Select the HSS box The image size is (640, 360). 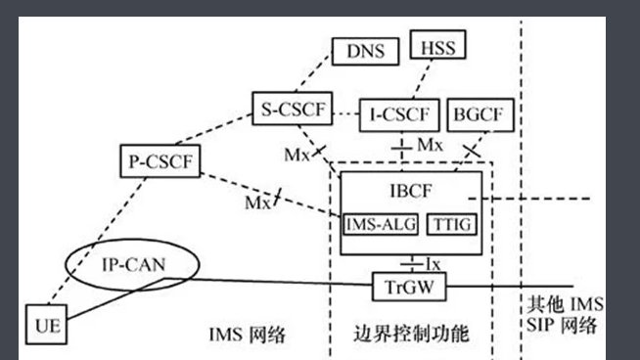click(x=436, y=45)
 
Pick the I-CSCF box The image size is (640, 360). click(x=397, y=114)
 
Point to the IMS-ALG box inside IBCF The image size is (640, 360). click(x=381, y=224)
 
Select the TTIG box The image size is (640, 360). click(x=454, y=224)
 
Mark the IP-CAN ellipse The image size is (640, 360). click(x=131, y=263)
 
